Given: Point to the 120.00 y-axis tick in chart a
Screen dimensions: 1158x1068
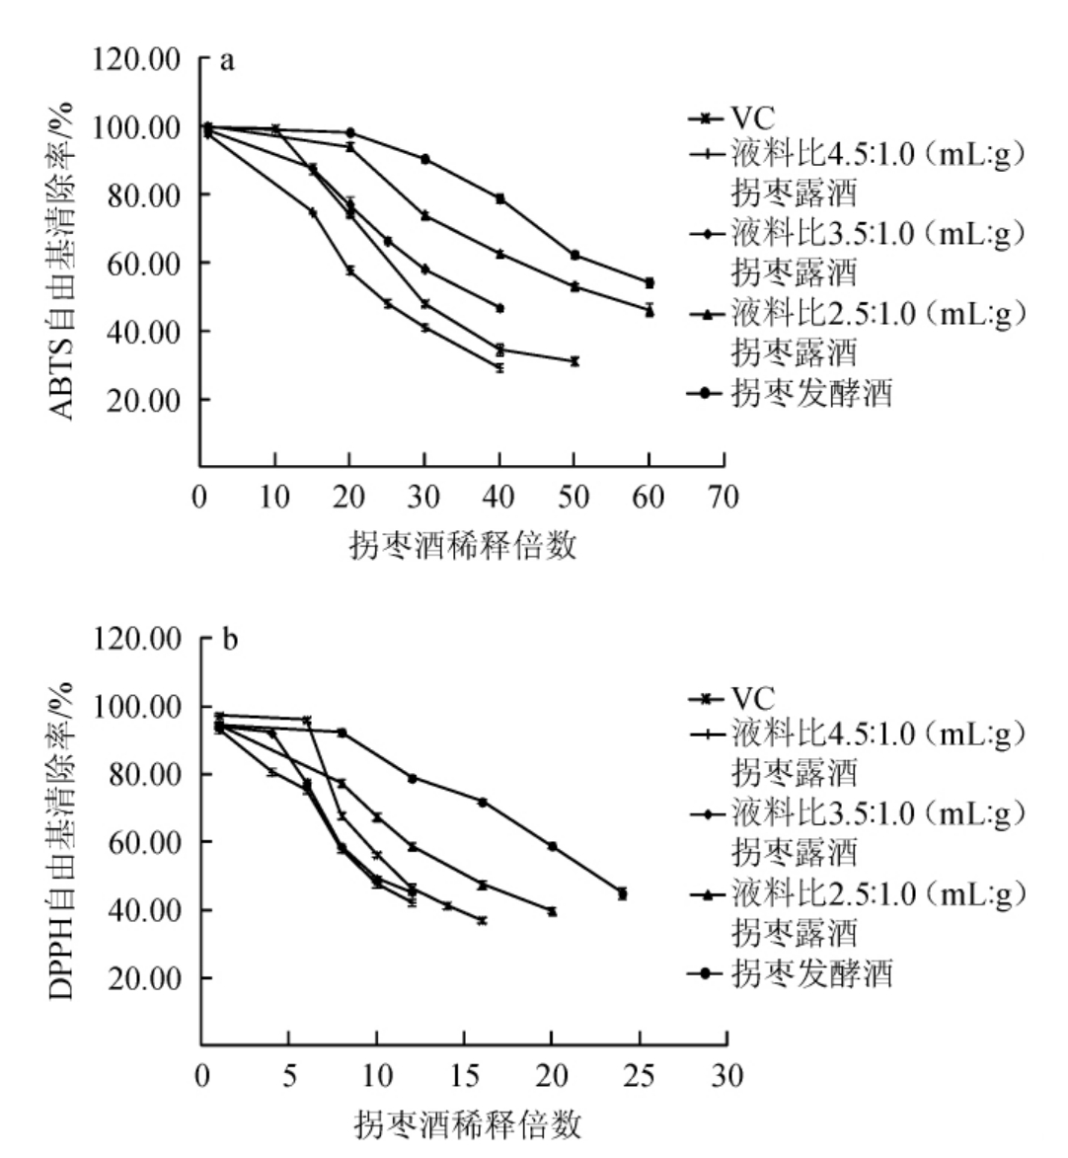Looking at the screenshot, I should point(137,59).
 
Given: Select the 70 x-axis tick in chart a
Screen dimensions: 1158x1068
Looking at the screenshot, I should point(724,497).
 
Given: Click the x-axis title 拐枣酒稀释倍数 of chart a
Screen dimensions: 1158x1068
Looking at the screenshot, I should point(463,544).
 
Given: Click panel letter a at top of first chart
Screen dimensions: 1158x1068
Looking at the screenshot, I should point(227,61).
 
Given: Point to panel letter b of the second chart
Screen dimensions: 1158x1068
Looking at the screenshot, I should point(229,641).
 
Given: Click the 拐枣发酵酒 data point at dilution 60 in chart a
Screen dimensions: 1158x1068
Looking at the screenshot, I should point(649,283).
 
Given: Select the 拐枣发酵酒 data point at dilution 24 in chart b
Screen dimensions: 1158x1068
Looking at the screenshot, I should point(622,893).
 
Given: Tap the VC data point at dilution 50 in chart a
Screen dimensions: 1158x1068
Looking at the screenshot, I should point(574,361).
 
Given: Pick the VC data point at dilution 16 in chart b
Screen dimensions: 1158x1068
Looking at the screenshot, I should point(482,920).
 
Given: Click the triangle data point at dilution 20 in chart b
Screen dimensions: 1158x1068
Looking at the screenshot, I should point(552,911).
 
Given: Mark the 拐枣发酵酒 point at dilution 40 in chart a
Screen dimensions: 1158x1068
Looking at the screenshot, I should point(500,198).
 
